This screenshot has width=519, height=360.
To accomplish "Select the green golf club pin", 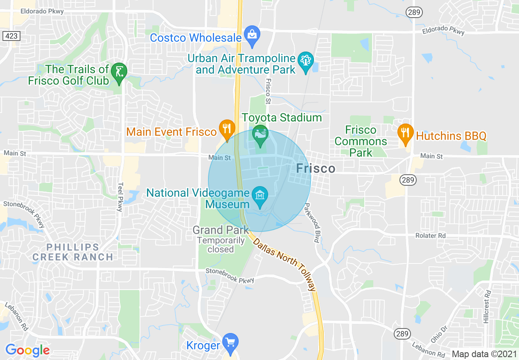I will pyautogui.click(x=119, y=71).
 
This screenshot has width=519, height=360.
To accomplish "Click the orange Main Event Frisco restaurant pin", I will pyautogui.click(x=226, y=128).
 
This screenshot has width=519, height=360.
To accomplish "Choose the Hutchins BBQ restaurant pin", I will pyautogui.click(x=405, y=133).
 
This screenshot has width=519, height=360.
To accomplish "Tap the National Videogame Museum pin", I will pyautogui.click(x=260, y=196).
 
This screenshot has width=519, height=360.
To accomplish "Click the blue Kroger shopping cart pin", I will pyautogui.click(x=230, y=342).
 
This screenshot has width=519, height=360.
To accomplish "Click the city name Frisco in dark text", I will pyautogui.click(x=316, y=169).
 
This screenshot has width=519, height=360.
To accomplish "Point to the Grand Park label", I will pyautogui.click(x=221, y=230).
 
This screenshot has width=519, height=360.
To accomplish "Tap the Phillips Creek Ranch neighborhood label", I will pyautogui.click(x=73, y=252).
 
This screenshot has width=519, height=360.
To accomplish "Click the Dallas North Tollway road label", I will pyautogui.click(x=285, y=265).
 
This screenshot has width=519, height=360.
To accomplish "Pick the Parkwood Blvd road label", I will pyautogui.click(x=311, y=223).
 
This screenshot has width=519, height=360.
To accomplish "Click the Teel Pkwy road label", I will pyautogui.click(x=120, y=197).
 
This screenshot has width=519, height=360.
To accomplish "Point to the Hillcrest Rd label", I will pyautogui.click(x=487, y=307).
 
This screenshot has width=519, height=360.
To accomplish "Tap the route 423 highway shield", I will pyautogui.click(x=11, y=36).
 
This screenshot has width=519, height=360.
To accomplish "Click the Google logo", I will pyautogui.click(x=27, y=350).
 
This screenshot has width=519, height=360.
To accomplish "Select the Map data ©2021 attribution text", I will pyautogui.click(x=483, y=354).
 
